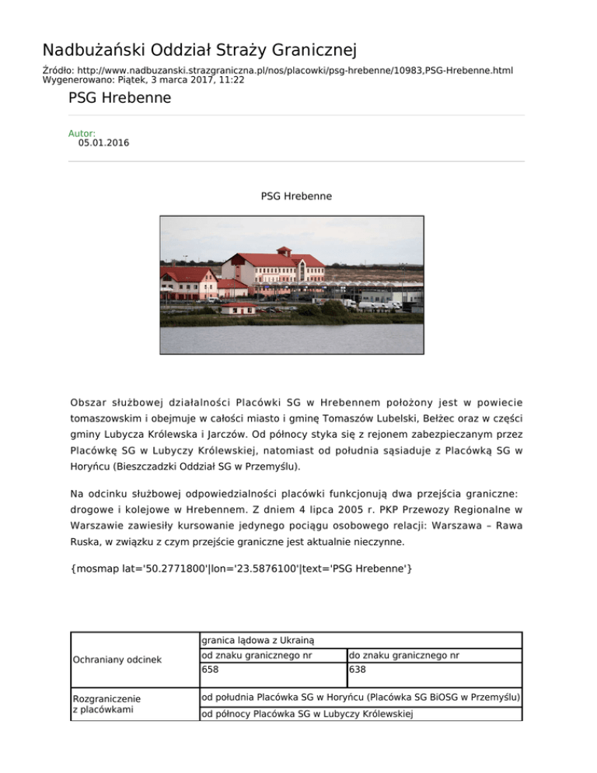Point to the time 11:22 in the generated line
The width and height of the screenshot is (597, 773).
231,80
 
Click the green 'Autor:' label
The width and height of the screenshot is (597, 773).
82,134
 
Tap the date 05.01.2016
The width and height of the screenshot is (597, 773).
103,143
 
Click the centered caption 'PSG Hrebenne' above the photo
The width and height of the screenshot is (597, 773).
298,197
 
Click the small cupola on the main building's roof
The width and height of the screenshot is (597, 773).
285,251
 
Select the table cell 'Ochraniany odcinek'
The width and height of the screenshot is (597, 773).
117,660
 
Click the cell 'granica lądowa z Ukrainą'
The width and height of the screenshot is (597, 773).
257,641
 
